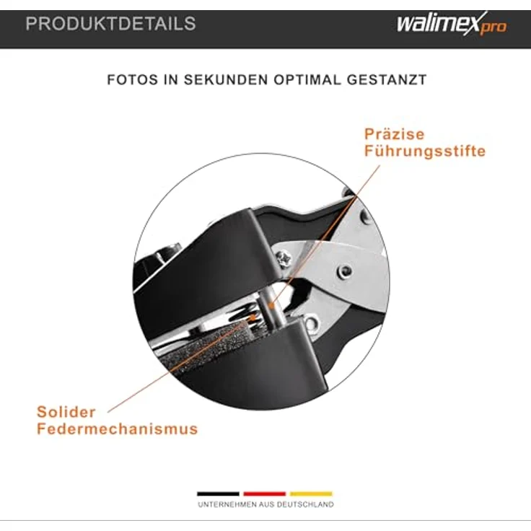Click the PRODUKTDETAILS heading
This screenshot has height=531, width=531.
click(x=110, y=23)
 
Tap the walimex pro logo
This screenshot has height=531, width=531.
click(x=452, y=23)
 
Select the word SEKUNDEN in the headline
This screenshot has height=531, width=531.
click(x=226, y=80)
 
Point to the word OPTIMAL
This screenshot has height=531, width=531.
click(x=307, y=80)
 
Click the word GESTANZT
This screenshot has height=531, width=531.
click(x=387, y=80)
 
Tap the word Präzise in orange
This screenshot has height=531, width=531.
click(x=394, y=134)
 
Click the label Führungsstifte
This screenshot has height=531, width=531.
click(x=425, y=151)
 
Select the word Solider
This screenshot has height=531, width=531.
click(x=66, y=412)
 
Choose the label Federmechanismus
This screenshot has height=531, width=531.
click(x=118, y=429)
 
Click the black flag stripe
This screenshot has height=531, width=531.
click(x=218, y=493)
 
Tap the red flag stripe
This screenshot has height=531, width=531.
click(x=265, y=493)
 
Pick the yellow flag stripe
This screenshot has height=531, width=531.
click(x=311, y=493)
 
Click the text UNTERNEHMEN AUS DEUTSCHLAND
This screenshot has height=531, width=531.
click(x=265, y=504)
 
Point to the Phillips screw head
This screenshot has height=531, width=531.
click(x=284, y=260)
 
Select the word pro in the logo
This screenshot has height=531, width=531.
click(x=493, y=27)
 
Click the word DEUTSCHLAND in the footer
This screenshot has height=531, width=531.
click(x=305, y=504)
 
